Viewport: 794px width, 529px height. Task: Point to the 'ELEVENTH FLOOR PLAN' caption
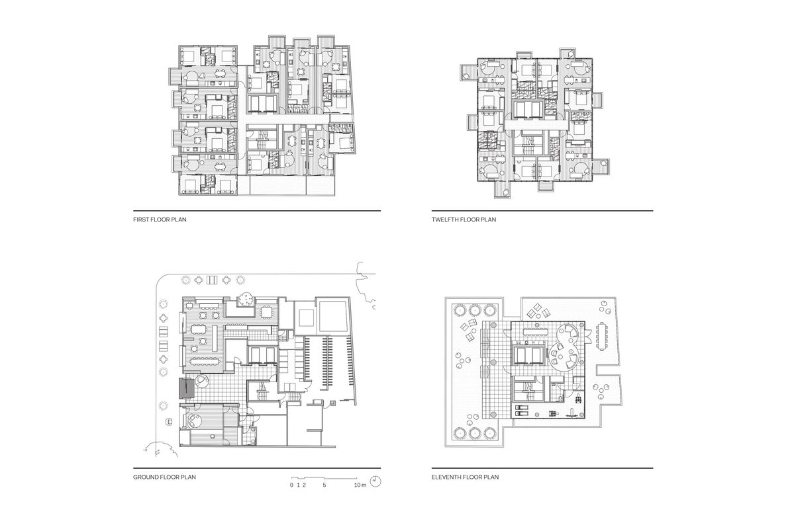pyautogui.click(x=465, y=476)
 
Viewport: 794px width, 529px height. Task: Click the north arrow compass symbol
pyautogui.click(x=376, y=480)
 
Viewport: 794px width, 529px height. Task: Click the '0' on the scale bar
pyautogui.click(x=291, y=485)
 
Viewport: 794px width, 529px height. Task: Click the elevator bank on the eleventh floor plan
pyautogui.click(x=528, y=356)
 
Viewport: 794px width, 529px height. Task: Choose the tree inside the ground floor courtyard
pyautogui.click(x=246, y=300)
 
